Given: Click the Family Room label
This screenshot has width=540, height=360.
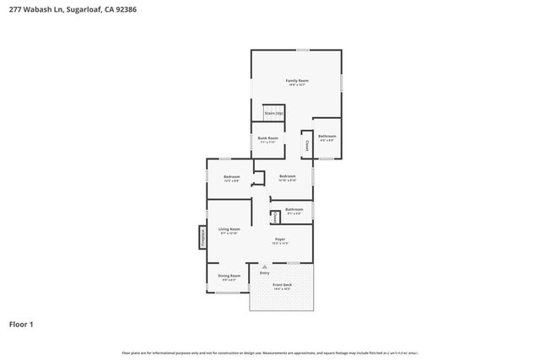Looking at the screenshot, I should pyautogui.click(x=297, y=80).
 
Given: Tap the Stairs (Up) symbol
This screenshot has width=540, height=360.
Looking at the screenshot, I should pyautogui.click(x=273, y=113).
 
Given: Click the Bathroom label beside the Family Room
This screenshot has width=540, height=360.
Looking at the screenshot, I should pyautogui.click(x=327, y=137).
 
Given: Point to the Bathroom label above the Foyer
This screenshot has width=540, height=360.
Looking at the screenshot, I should pyautogui.click(x=294, y=209).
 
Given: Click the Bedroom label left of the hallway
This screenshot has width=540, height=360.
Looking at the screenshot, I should pyautogui.click(x=231, y=176).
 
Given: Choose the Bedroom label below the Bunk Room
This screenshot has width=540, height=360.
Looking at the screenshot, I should pyautogui.click(x=287, y=175).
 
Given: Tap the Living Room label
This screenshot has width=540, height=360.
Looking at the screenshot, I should pyautogui.click(x=229, y=229).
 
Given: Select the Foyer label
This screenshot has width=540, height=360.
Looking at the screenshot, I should pyautogui.click(x=280, y=239).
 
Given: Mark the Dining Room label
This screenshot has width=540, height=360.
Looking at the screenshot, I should pyautogui.click(x=229, y=276).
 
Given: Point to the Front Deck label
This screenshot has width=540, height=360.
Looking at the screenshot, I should pyautogui.click(x=282, y=285).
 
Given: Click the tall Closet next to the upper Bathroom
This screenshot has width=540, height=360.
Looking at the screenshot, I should pyautogui.click(x=306, y=144).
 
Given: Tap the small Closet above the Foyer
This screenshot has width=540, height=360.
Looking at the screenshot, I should pyautogui.click(x=275, y=217).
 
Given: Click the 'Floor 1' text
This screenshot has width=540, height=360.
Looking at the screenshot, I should pyautogui.click(x=21, y=324).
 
